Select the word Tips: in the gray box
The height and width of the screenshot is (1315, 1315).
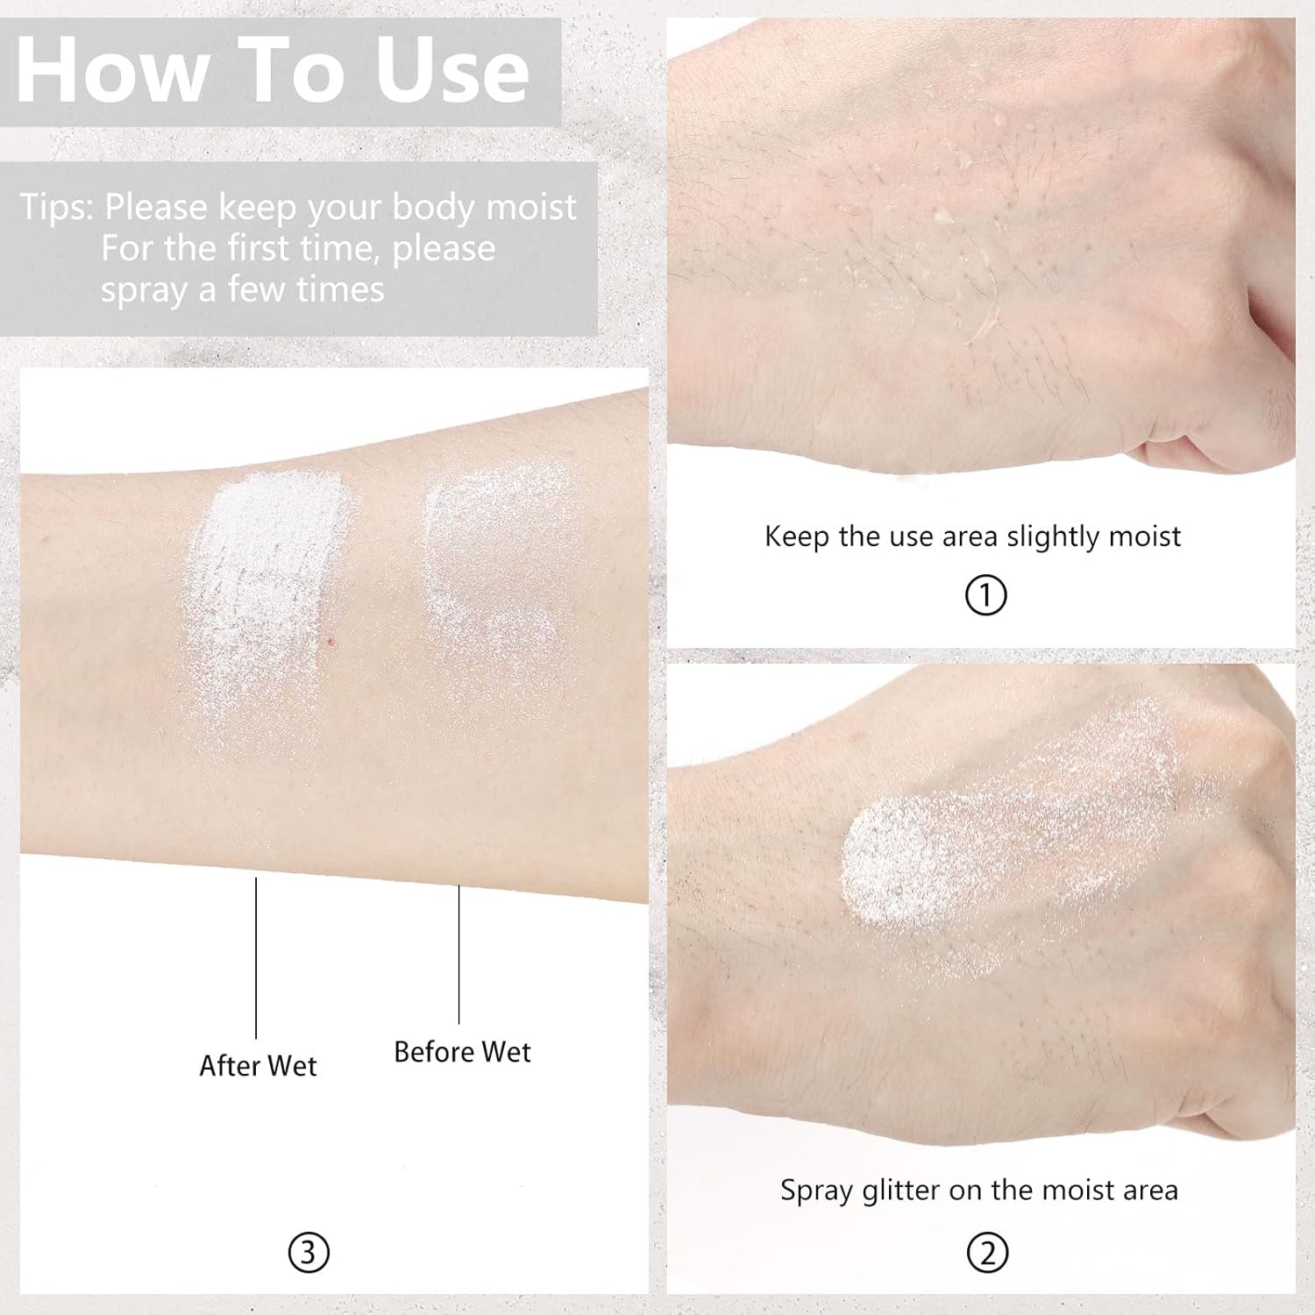56,208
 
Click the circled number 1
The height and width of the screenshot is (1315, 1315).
985,596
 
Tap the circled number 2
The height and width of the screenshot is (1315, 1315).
987,1253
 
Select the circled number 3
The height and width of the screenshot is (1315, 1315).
309,1253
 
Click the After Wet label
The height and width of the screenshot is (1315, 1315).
258,1065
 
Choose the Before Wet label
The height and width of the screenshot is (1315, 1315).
462,1051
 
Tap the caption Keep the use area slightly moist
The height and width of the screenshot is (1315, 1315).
972,536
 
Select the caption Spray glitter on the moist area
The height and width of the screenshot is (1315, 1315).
979,1190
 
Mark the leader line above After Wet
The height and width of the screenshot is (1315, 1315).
256,957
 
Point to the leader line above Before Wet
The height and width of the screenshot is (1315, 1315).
459,954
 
